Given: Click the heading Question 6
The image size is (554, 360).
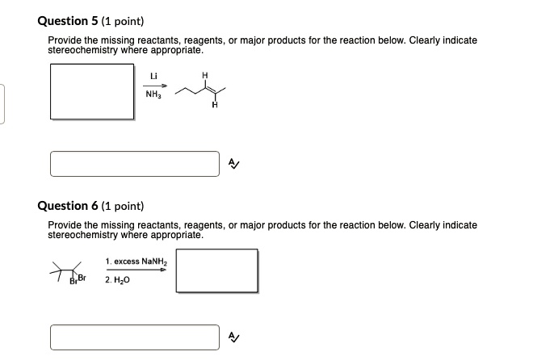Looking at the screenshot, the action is [x=69, y=206].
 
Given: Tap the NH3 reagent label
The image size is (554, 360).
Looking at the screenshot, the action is [x=153, y=94].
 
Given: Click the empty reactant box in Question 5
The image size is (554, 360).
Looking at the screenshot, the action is [x=91, y=90].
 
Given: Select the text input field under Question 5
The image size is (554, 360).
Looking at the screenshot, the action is [x=134, y=163].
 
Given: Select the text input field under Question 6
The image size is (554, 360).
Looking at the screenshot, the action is [x=134, y=337].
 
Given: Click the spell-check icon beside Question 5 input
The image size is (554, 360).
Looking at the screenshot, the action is [x=233, y=164].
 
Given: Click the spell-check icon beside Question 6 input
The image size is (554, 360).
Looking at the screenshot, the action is [x=233, y=337].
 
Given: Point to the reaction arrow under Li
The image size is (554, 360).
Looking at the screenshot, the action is [x=153, y=85].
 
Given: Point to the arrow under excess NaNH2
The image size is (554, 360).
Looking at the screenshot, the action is [x=136, y=270].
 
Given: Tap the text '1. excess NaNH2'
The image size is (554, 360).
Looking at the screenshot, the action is [x=135, y=262].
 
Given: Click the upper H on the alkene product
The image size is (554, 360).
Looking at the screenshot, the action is [x=204, y=76].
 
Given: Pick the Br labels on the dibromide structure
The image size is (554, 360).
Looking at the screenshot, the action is [x=77, y=278].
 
